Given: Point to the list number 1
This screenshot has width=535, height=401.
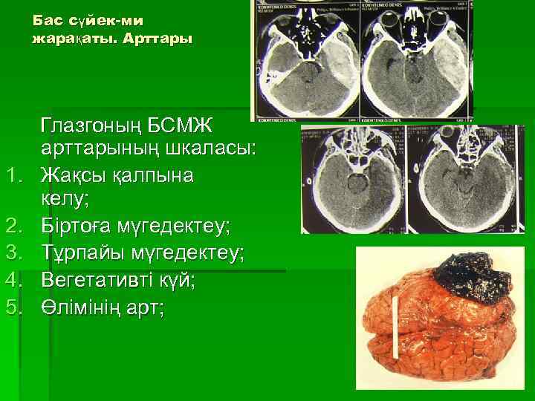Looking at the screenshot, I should tap(16, 176).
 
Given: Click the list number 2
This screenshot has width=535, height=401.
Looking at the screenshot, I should tap(16, 227).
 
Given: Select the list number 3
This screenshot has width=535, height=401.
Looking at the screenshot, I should tap(16, 253).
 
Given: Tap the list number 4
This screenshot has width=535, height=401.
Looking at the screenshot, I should tap(16, 279).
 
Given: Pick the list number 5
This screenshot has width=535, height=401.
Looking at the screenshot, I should tap(16, 305).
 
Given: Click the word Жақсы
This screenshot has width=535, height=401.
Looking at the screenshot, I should tap(74, 176).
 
